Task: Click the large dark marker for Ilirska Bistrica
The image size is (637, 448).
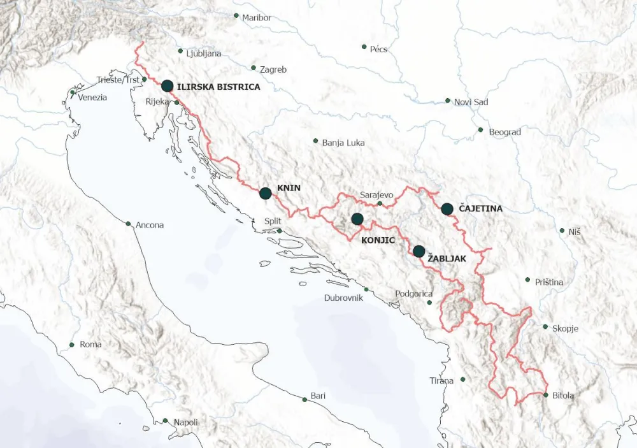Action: (x=167, y=86)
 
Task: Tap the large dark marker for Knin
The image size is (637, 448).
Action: (x=266, y=193)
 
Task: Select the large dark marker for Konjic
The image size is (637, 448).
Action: (x=357, y=219)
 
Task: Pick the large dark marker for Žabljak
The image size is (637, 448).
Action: (x=419, y=251)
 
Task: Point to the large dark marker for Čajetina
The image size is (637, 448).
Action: (x=447, y=208)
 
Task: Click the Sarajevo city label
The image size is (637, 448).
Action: (x=377, y=194)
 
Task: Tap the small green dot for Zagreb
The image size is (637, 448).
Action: (x=254, y=68)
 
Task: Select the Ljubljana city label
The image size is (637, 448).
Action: (x=204, y=54)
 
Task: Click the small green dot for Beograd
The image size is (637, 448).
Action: (x=481, y=130)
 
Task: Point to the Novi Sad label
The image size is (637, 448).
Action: (x=471, y=102)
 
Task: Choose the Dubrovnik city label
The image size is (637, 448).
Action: (x=344, y=298)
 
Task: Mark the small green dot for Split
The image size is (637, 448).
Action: (x=279, y=231)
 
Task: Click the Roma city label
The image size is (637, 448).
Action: (x=90, y=345)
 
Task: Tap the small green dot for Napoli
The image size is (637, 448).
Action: (x=166, y=421)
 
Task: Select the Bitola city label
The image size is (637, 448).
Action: (x=563, y=396)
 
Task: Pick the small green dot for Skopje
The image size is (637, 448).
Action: (x=545, y=327)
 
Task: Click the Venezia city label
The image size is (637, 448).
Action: (x=92, y=98)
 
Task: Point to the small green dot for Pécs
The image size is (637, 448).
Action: (x=364, y=47)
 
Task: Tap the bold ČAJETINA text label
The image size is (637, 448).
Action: (x=480, y=208)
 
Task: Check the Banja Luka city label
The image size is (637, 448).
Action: (x=343, y=143)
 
